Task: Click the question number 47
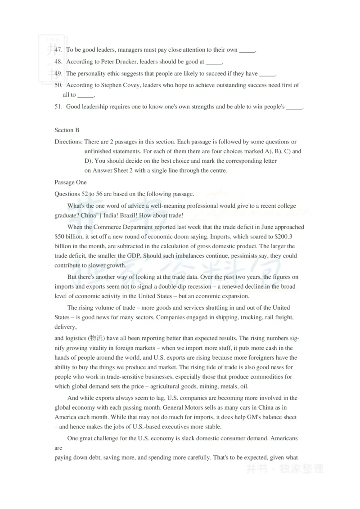click(58, 50)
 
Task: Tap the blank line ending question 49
click(267, 74)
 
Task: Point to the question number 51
click(58, 107)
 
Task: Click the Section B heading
click(67, 130)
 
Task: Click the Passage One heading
click(71, 183)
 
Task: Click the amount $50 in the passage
click(61, 237)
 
